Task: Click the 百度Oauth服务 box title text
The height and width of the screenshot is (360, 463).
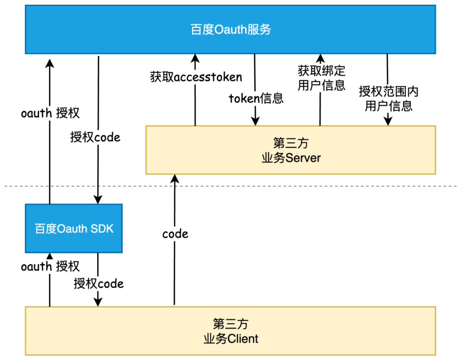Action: click(x=231, y=30)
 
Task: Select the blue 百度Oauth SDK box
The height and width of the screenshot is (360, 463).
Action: click(x=74, y=228)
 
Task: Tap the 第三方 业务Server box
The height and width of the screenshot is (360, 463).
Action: click(x=291, y=150)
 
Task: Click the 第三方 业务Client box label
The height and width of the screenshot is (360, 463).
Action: click(x=231, y=331)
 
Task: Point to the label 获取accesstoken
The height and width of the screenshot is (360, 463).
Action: click(x=196, y=77)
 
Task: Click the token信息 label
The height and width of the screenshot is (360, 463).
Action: click(x=256, y=99)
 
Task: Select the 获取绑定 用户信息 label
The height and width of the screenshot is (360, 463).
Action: click(x=321, y=78)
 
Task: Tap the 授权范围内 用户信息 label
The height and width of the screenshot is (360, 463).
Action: click(x=388, y=99)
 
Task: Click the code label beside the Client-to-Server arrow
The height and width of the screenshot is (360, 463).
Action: click(x=175, y=234)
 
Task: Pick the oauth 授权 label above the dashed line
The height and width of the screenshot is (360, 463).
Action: click(x=50, y=113)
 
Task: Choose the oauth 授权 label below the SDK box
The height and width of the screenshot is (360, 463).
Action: click(x=50, y=267)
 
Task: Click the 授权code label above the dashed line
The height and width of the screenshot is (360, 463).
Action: click(x=95, y=137)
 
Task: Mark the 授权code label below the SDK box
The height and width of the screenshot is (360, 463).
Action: click(x=99, y=283)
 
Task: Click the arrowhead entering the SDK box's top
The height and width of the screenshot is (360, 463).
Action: click(x=98, y=199)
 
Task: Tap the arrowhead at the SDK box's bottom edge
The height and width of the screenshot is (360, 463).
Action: click(x=50, y=256)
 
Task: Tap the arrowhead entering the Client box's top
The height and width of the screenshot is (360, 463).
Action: click(x=98, y=302)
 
